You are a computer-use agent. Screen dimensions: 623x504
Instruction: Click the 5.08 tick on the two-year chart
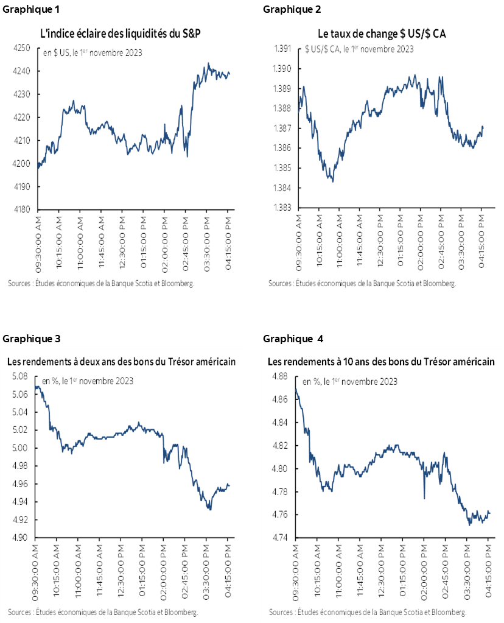[19, 376]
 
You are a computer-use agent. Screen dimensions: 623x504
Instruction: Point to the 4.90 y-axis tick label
[19, 538]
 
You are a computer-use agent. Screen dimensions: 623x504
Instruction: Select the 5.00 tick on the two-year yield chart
[19, 448]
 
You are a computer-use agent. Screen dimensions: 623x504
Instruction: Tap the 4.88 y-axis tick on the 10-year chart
[280, 376]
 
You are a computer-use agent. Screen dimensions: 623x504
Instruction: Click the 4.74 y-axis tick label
[280, 538]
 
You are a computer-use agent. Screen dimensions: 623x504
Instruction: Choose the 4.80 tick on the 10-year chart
[280, 469]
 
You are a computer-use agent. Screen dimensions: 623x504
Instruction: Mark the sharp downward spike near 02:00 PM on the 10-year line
[424, 497]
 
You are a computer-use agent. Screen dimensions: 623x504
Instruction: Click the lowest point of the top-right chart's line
[332, 181]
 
